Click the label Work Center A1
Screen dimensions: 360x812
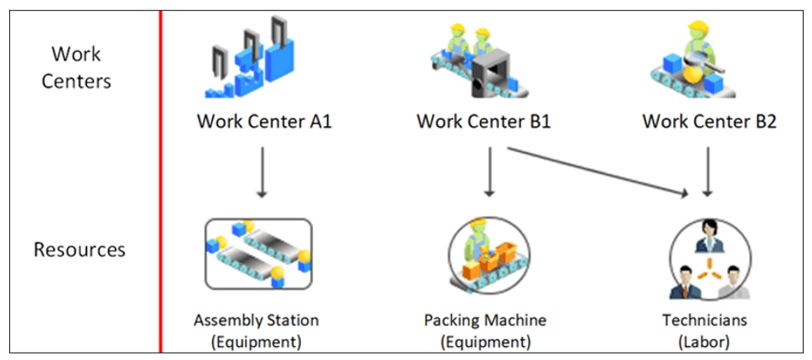[x=264, y=122]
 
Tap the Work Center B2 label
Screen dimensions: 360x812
[x=708, y=122]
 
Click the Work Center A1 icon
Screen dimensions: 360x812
[x=249, y=62]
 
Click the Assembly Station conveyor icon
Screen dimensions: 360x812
[x=257, y=253]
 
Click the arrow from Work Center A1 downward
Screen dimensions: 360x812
[x=262, y=173]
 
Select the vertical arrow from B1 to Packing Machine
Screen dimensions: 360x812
[x=490, y=173]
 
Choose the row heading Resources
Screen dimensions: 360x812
[x=80, y=249]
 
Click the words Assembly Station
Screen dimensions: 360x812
[x=256, y=320]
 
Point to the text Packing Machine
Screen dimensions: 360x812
[x=485, y=320]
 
